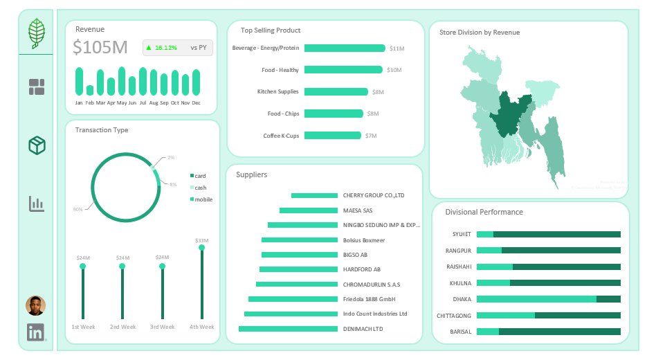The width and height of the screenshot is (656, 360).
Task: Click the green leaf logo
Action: [36, 33]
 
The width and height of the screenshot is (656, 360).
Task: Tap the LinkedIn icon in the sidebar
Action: [36, 332]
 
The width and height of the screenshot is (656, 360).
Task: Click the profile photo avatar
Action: [36, 305]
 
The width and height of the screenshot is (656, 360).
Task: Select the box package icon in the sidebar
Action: [37, 145]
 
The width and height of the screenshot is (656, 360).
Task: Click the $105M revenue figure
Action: [100, 48]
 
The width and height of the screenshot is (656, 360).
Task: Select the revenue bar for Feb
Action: [90, 90]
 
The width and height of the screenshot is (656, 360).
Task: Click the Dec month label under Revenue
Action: [197, 102]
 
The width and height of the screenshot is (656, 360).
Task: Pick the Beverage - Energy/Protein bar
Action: [344, 48]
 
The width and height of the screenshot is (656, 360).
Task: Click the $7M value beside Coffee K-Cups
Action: [371, 136]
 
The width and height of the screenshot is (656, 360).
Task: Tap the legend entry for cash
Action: [200, 188]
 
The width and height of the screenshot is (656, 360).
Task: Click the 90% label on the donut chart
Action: [78, 209]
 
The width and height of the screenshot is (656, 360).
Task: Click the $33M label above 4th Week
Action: [201, 240]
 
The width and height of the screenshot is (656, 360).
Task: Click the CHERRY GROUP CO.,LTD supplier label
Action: [373, 195]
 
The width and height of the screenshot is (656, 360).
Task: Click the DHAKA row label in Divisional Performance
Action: [462, 299]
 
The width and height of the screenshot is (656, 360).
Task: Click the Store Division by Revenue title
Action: [480, 32]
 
